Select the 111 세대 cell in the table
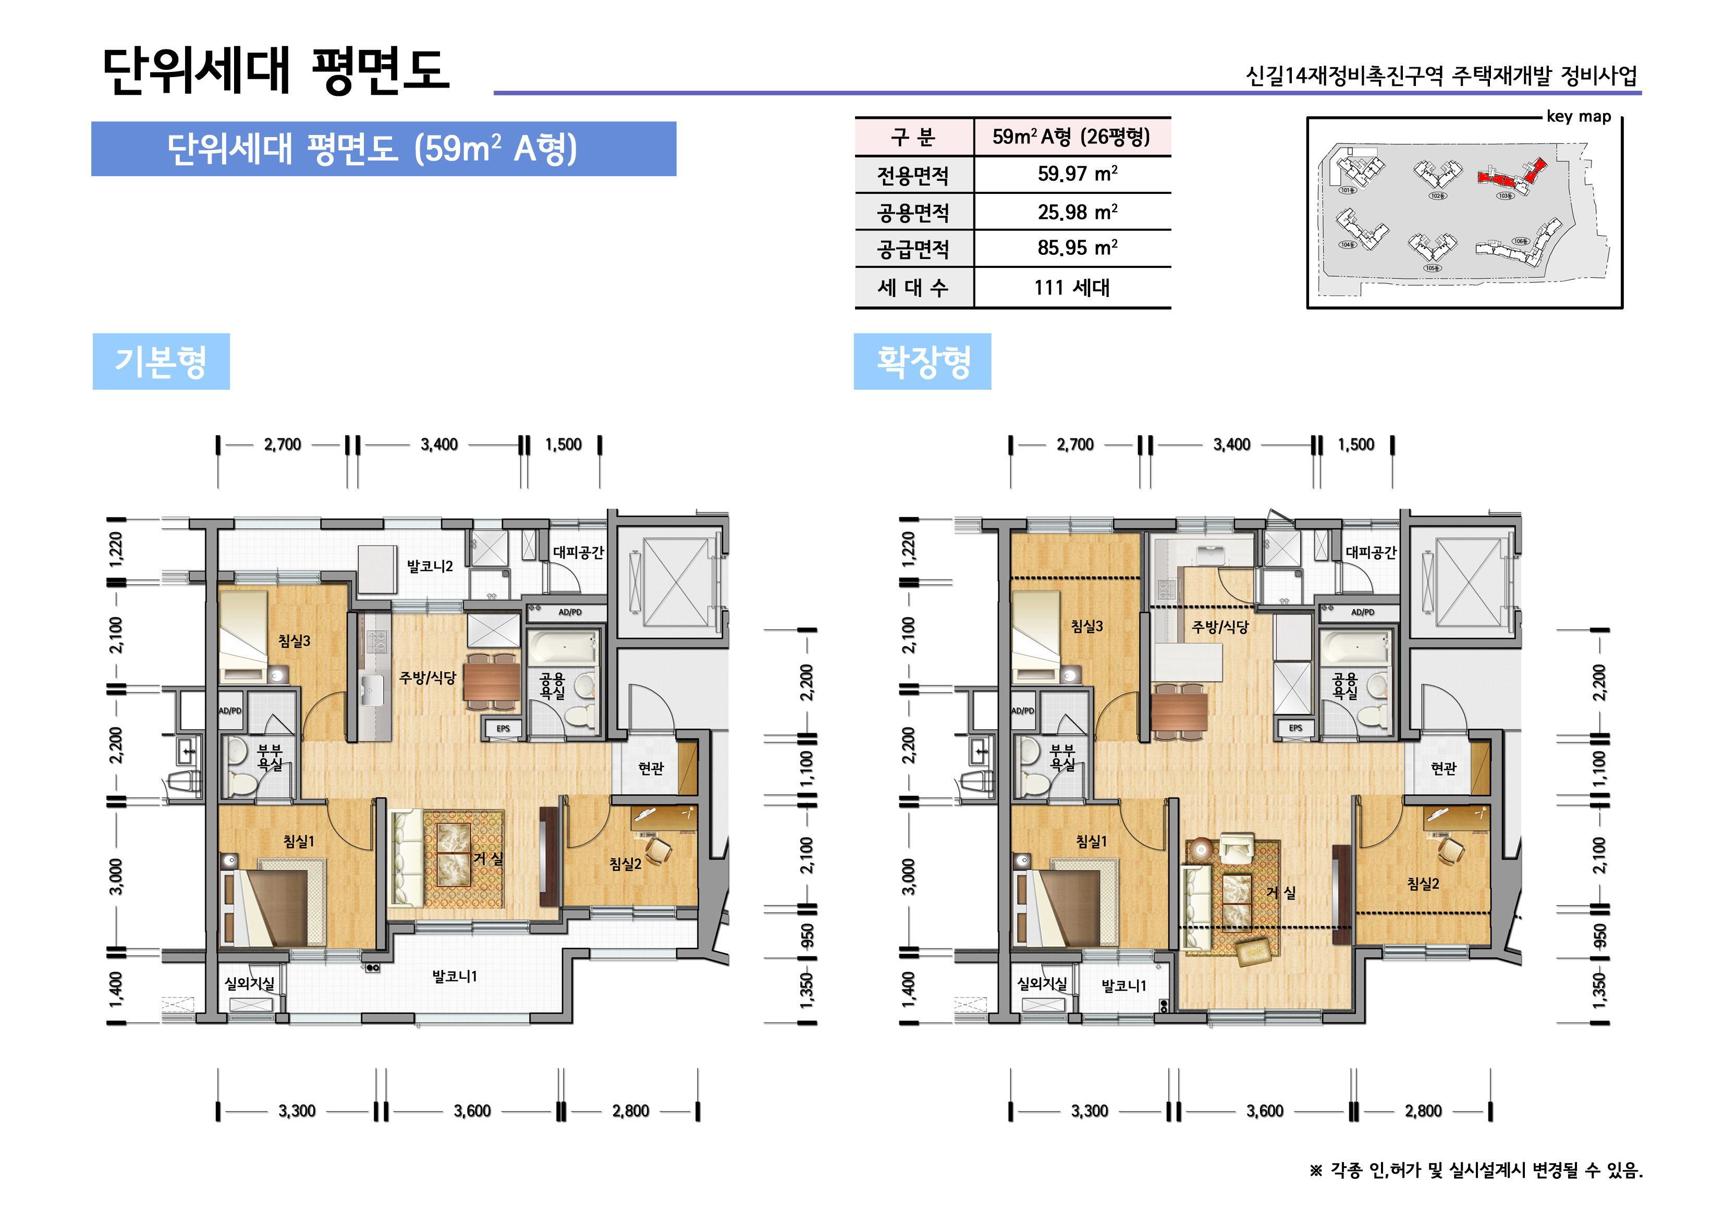click(1071, 288)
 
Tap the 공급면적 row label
click(913, 249)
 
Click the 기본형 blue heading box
click(161, 361)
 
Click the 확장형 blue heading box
click(922, 361)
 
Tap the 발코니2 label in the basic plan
click(430, 566)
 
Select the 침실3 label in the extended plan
click(1086, 625)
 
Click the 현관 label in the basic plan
click(651, 768)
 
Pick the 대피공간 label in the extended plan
click(1371, 552)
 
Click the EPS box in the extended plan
click(1295, 728)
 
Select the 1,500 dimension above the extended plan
click(1355, 445)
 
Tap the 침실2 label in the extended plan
click(1423, 883)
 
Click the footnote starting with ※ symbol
click(1475, 1170)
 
